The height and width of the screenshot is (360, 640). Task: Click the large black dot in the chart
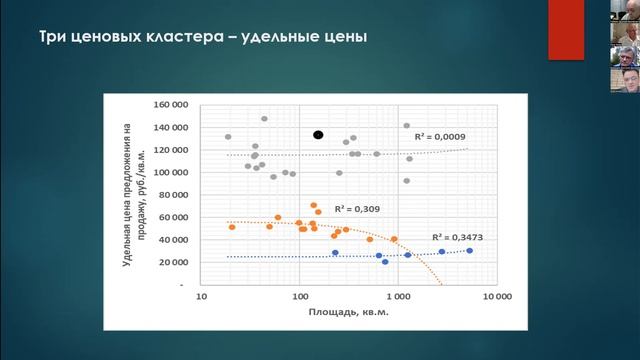pos(318,134)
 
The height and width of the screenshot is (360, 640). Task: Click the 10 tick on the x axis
pos(202,297)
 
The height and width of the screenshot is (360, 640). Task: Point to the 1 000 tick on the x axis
pos(397,297)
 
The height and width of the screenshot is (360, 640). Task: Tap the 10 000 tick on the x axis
pos(496,297)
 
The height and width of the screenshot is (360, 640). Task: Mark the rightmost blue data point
pos(469,251)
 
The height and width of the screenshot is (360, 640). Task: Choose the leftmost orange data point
pos(232,227)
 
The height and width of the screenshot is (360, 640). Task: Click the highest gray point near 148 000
pos(265,119)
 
